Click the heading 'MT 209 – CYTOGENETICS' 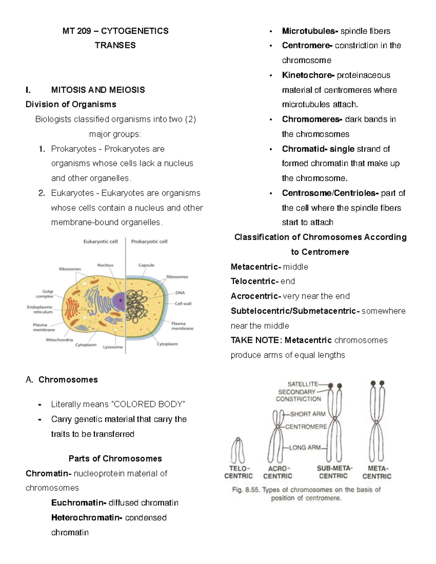pyautogui.click(x=115, y=31)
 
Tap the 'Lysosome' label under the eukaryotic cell pyautogui.click(x=113, y=347)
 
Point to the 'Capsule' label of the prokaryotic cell pyautogui.click(x=146, y=265)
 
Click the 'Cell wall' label pyautogui.click(x=183, y=304)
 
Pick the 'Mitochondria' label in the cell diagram pyautogui.click(x=59, y=340)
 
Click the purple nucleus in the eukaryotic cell pyautogui.click(x=119, y=300)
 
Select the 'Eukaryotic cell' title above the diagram pyautogui.click(x=101, y=242)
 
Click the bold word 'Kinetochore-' pyautogui.click(x=308, y=75)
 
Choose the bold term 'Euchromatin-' pyautogui.click(x=79, y=503)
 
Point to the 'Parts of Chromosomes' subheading pyautogui.click(x=115, y=458)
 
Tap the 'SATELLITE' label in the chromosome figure pyautogui.click(x=302, y=384)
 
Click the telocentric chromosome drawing pyautogui.click(x=238, y=450)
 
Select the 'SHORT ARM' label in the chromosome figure pyautogui.click(x=307, y=414)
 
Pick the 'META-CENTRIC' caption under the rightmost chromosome pyautogui.click(x=377, y=472)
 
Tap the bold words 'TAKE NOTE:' pyautogui.click(x=256, y=340)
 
